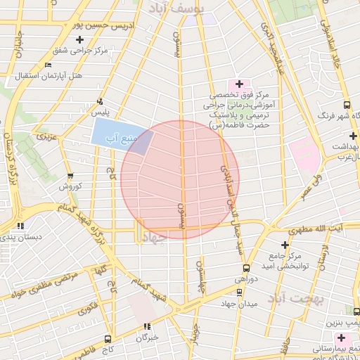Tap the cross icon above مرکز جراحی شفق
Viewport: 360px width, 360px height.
(80, 39)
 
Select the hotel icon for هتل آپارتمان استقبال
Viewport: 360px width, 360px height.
(48, 65)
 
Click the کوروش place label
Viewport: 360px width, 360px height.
(71, 186)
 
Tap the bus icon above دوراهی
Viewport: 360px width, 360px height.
(245, 268)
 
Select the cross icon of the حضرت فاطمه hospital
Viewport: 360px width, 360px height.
(240, 84)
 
